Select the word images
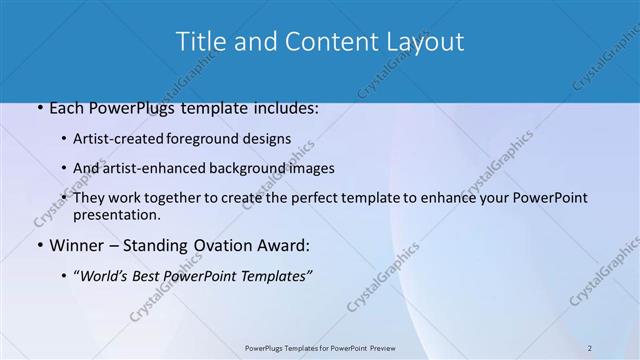point(312,169)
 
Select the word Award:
point(285,246)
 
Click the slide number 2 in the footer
point(590,348)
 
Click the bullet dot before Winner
point(40,246)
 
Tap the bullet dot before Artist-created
point(65,140)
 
